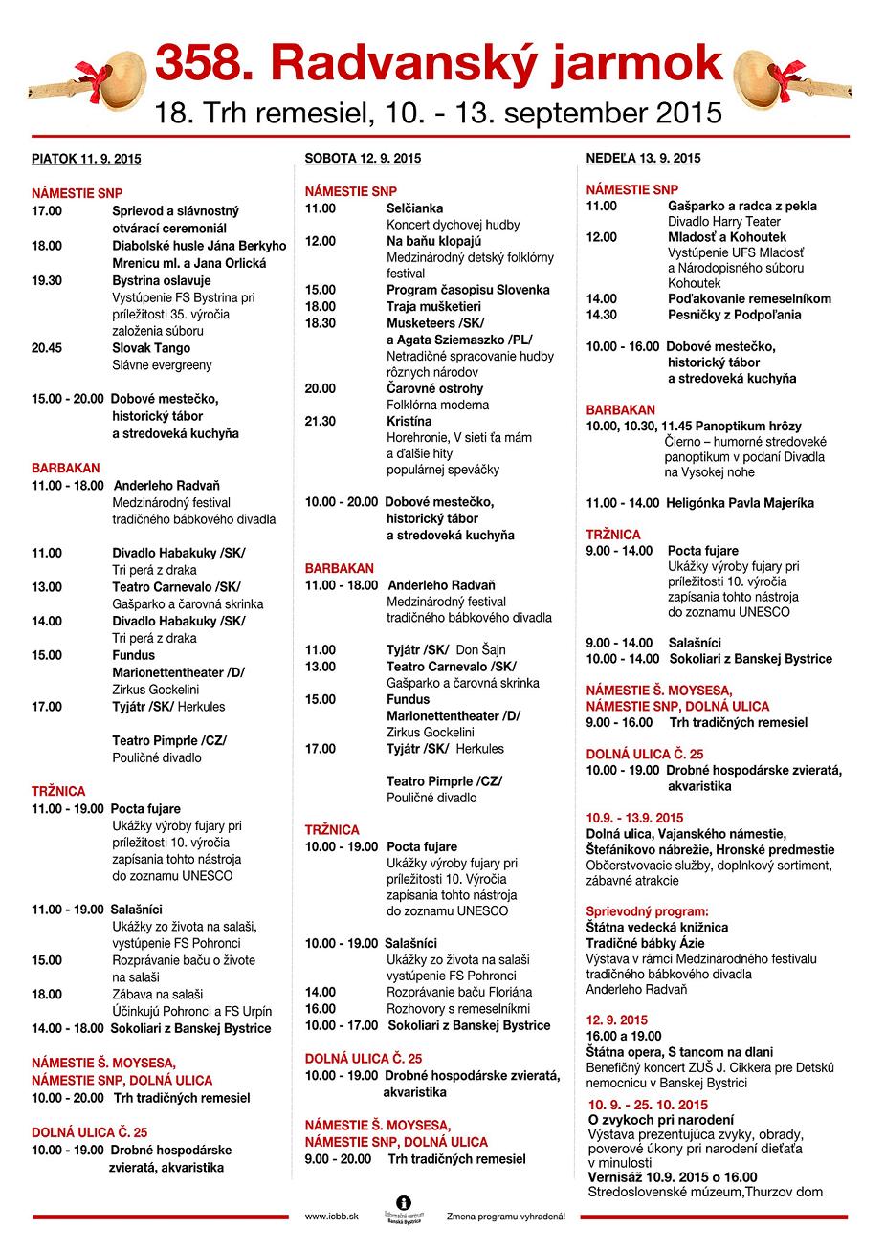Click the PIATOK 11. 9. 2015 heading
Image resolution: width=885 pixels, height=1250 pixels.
86,159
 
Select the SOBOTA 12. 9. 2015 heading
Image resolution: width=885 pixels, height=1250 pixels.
363,158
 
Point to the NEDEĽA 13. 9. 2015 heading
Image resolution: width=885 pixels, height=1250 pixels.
643,158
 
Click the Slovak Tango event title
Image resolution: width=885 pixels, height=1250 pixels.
151,348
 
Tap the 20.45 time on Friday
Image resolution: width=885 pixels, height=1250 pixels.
47,348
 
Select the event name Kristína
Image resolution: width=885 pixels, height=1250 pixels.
409,421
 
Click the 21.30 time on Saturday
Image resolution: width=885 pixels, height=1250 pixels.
321,421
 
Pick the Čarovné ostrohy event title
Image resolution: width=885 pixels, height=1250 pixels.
434,388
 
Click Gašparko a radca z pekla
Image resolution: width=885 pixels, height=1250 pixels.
741,206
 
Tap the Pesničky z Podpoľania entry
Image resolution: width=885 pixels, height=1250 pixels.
734,315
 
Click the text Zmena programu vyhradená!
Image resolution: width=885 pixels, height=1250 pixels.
505,1217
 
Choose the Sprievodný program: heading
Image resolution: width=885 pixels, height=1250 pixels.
648,911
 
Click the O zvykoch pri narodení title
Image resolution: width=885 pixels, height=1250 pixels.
660,1119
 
